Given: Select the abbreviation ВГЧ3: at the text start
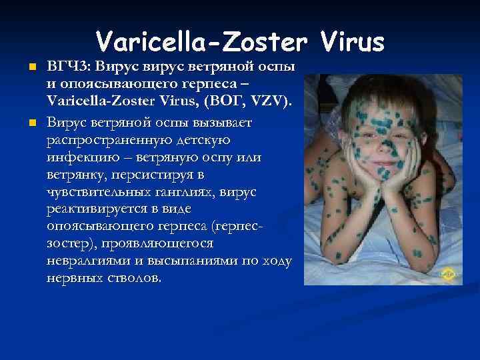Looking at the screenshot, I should click(x=69, y=67).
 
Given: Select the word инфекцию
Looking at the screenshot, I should click(x=77, y=159).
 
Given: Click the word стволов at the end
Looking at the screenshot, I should click(x=136, y=278).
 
